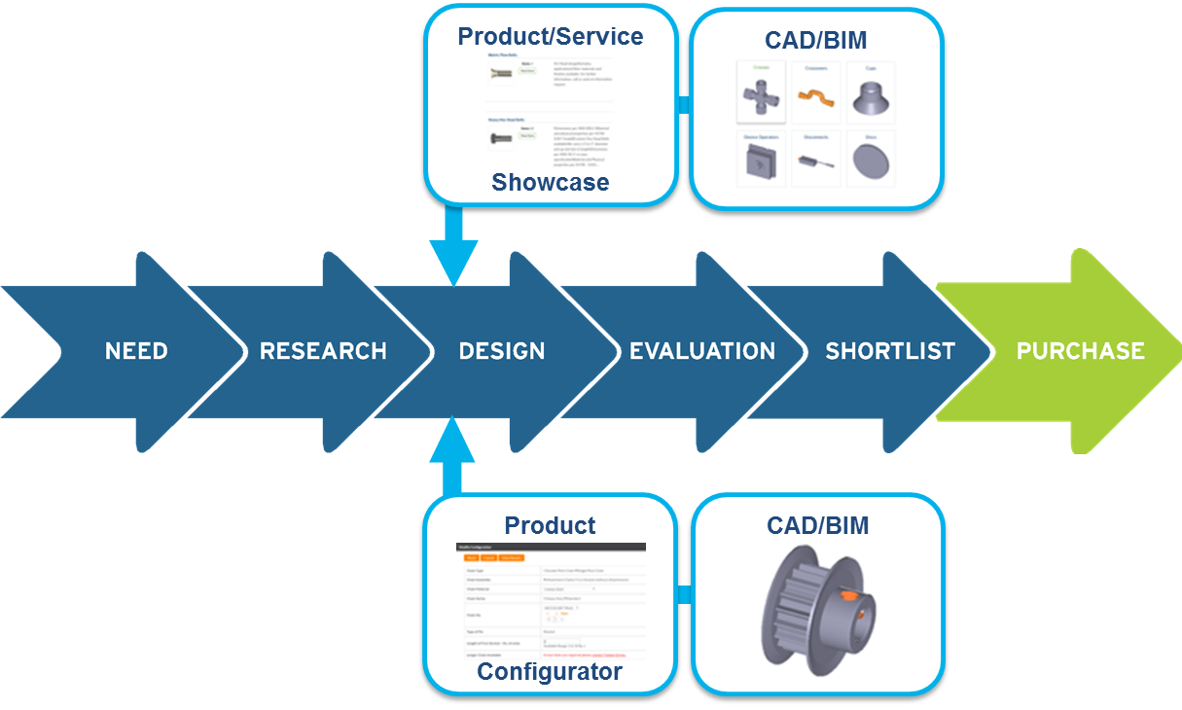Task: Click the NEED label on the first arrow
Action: pos(136,351)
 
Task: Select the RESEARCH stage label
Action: pos(323,351)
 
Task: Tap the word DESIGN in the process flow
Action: pos(502,351)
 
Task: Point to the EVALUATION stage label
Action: pos(702,351)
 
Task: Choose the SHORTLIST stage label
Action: pos(890,351)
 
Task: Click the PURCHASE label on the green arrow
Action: pos(1080,351)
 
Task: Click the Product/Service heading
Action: pos(551,37)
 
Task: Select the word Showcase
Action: pos(551,182)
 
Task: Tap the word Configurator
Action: pos(550,672)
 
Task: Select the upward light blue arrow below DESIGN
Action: pos(453,452)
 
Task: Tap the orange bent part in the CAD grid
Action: pos(816,95)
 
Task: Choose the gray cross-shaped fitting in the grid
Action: pos(761,97)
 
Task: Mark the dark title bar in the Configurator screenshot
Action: pos(551,548)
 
